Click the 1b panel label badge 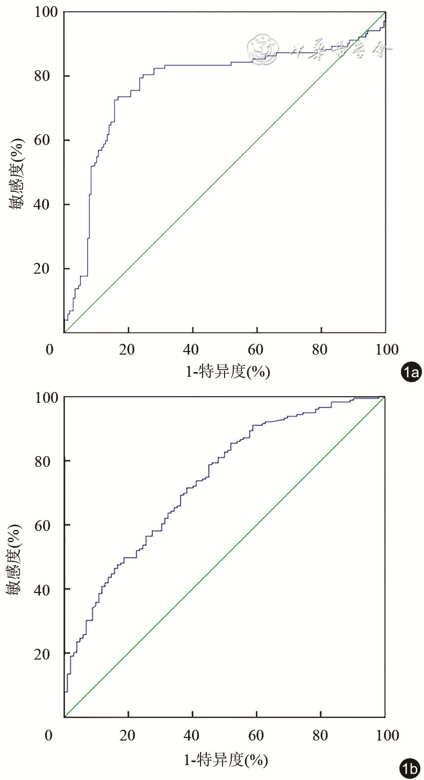tap(410, 768)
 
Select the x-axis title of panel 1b tap(226, 760)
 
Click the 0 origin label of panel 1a tap(49, 350)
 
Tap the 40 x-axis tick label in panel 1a tap(192, 350)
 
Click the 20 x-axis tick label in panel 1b tap(128, 735)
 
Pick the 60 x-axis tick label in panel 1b tap(256, 735)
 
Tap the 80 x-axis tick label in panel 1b tap(320, 735)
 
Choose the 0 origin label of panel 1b tap(49, 735)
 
